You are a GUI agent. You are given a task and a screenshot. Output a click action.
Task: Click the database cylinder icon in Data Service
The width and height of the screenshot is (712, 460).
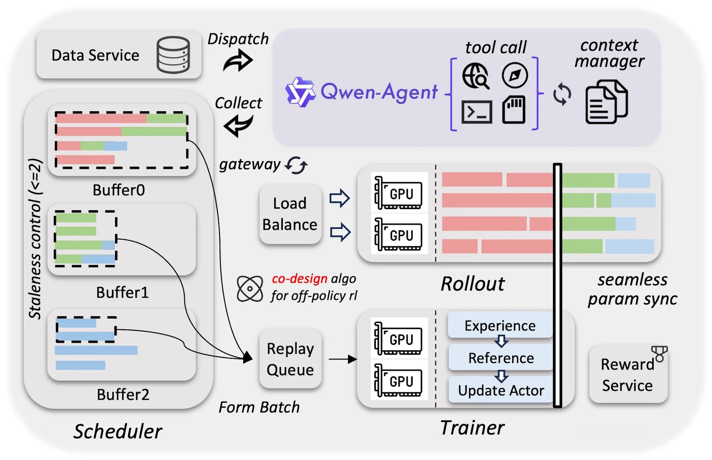coord(173,55)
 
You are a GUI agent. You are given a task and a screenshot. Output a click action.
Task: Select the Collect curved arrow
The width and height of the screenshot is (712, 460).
coord(238,125)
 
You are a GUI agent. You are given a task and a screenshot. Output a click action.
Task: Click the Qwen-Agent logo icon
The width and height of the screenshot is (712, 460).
coord(300,92)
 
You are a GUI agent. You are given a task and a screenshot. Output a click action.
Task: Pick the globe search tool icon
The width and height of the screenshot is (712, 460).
coord(476,76)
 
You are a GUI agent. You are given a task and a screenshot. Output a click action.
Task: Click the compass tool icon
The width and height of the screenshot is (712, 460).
coord(515,75)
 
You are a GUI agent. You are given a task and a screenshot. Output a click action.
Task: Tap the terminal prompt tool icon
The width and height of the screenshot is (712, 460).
coord(477,112)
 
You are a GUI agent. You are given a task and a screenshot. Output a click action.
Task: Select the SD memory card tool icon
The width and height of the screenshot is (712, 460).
coord(514,110)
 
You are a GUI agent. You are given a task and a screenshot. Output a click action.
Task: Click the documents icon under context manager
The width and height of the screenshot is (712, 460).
coord(606,102)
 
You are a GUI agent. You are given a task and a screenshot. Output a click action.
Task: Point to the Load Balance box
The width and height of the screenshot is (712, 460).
coord(290,214)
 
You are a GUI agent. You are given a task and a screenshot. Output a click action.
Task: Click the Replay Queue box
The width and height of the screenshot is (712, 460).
coord(290,359)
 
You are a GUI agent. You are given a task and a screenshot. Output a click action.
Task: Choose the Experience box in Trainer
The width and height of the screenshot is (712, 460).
coord(500,325)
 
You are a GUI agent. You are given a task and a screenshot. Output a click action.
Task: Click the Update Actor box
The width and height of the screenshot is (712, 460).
coord(501,390)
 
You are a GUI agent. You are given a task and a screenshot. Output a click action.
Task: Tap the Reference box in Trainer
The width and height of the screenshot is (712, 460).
coord(501,358)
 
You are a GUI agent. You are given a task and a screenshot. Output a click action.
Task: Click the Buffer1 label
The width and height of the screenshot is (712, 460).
coord(122,293)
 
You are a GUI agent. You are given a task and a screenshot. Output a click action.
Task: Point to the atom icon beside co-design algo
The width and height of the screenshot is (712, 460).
coord(250,289)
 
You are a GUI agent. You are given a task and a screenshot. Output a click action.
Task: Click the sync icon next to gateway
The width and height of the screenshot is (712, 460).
coord(296,165)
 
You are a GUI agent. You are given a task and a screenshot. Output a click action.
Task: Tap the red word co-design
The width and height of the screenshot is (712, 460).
coord(299,279)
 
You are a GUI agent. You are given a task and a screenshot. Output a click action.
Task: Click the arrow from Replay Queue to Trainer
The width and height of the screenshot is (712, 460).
coord(343,359)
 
